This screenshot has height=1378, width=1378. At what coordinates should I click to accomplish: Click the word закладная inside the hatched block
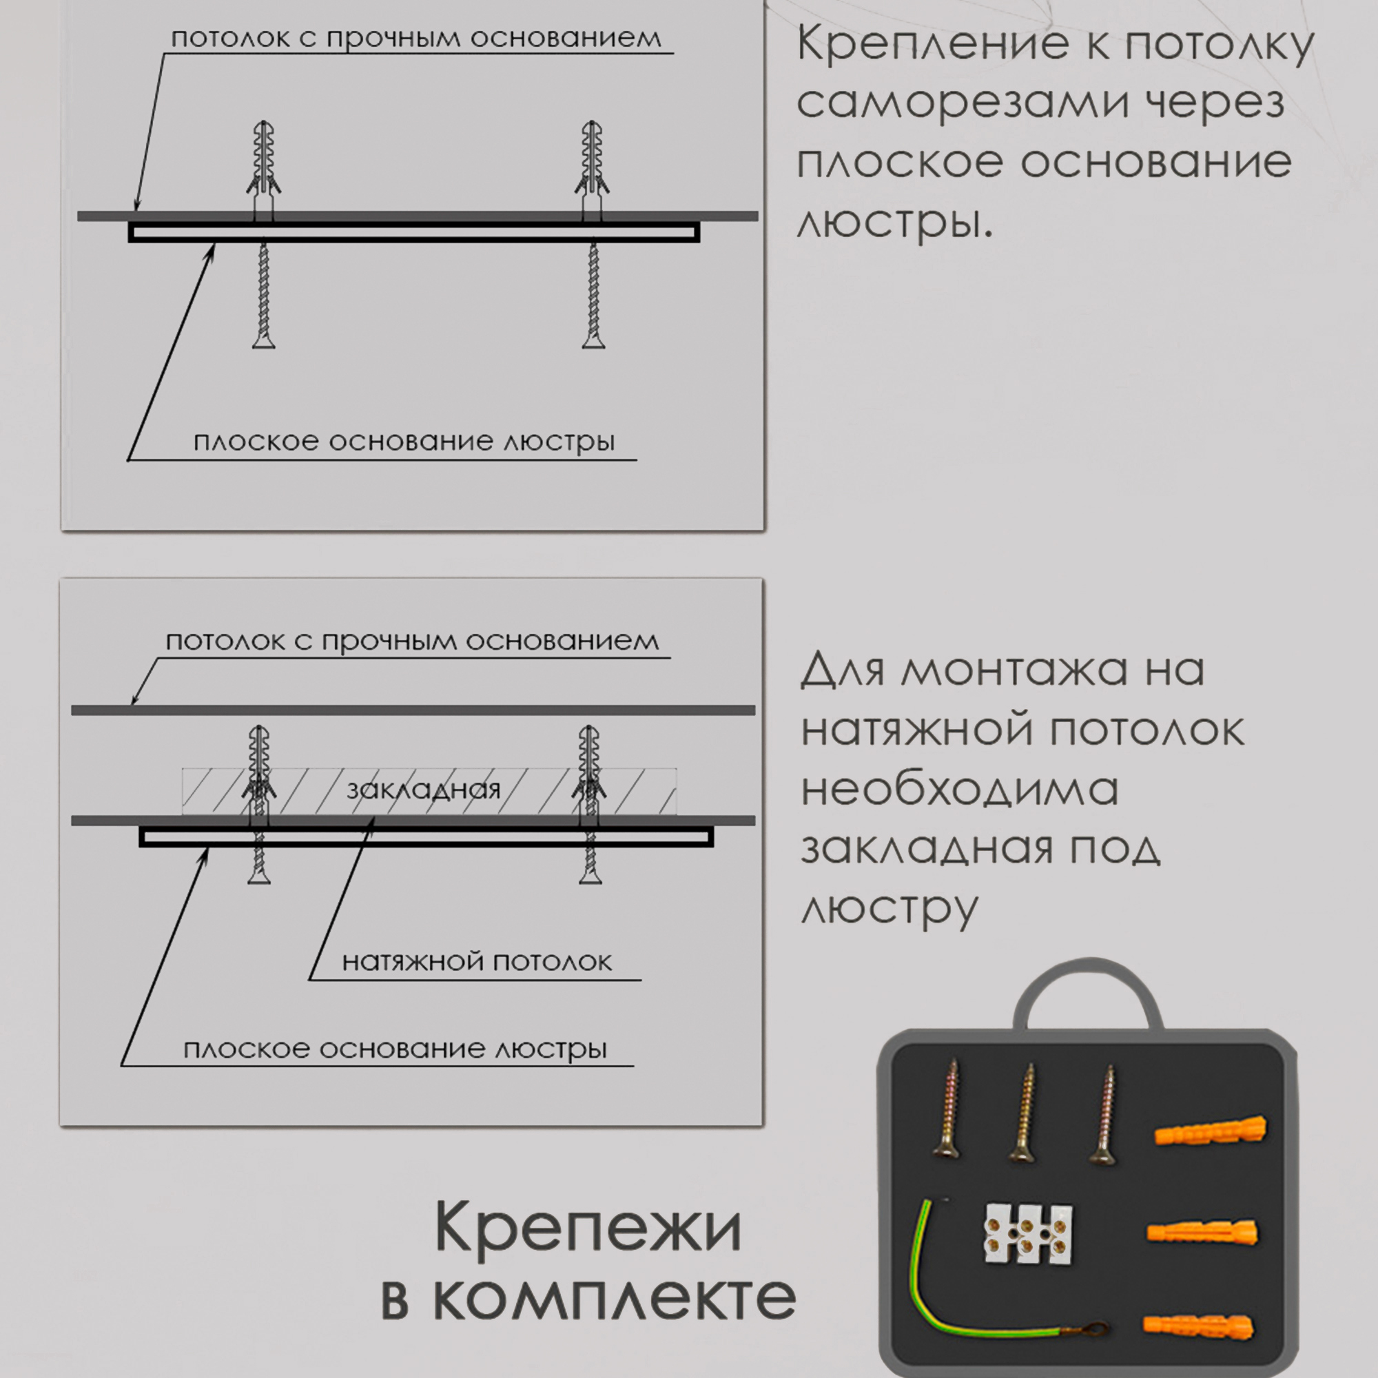pos(423,790)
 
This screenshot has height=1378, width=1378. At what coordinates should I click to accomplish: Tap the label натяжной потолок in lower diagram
pos(477,962)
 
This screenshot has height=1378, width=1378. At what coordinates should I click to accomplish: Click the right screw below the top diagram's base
pos(593,296)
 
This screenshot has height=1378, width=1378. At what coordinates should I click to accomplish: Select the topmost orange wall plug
pos(1211,1132)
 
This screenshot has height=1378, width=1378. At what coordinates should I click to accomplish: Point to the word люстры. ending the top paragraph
pos(894,223)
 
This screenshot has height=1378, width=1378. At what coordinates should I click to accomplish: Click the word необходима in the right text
pos(959,790)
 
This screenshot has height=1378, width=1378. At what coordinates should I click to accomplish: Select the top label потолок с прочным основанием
pos(416,38)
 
